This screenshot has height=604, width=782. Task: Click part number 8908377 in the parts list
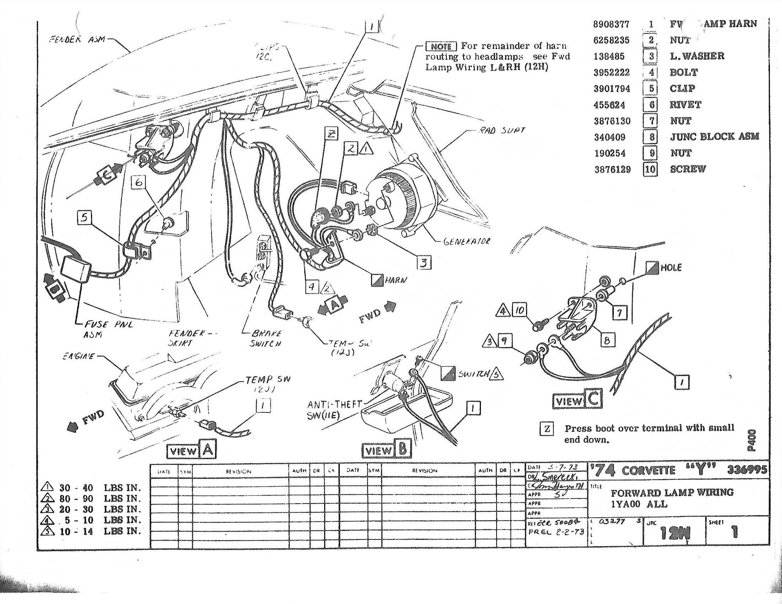(612, 24)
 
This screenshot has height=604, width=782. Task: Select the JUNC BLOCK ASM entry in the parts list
(714, 136)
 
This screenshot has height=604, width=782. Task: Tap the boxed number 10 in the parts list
(650, 169)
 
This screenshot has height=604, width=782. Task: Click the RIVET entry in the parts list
(685, 104)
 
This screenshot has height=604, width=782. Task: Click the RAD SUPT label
(502, 130)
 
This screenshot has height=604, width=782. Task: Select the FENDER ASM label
(77, 39)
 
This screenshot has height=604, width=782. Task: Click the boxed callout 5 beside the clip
(84, 217)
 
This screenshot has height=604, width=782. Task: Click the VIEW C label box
(578, 400)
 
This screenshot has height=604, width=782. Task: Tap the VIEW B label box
(387, 450)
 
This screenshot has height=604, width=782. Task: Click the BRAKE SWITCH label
(266, 339)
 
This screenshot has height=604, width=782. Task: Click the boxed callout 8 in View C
(607, 340)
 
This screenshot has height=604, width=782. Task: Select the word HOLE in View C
(671, 268)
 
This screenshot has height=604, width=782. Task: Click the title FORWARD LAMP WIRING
(672, 492)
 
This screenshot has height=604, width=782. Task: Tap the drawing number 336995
(747, 470)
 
